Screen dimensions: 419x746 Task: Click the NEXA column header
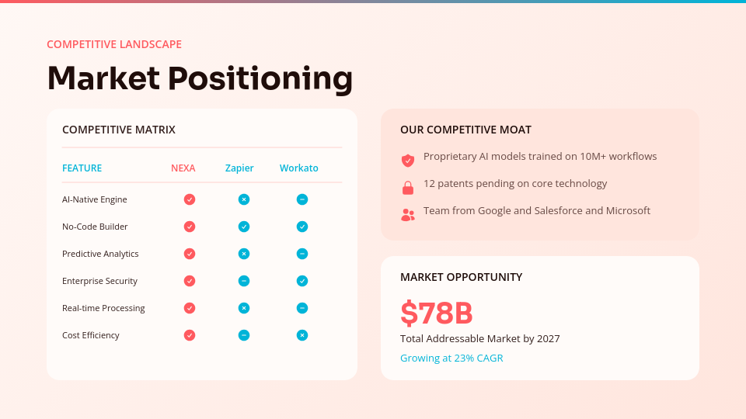click(x=183, y=168)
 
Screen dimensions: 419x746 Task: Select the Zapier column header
click(x=239, y=168)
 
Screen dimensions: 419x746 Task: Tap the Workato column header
click(x=299, y=168)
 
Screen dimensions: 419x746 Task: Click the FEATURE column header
click(x=82, y=168)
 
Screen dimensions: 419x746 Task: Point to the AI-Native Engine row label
click(x=94, y=199)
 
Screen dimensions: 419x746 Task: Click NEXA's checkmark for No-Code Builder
click(x=190, y=227)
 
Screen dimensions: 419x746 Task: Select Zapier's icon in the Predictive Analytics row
click(x=244, y=254)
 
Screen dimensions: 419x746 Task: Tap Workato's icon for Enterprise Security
click(x=302, y=281)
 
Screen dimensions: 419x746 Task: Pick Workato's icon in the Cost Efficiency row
click(x=302, y=335)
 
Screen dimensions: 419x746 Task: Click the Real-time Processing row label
click(x=103, y=308)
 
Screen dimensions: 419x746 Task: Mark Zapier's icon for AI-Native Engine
click(x=244, y=199)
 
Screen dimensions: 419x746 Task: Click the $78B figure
click(x=437, y=313)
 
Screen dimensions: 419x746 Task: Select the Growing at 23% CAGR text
click(x=451, y=358)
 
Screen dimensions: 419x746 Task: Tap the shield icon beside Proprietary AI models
click(x=408, y=161)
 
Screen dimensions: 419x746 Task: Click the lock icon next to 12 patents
click(x=408, y=188)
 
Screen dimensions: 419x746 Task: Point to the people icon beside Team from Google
click(x=408, y=215)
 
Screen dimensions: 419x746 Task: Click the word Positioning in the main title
click(x=260, y=78)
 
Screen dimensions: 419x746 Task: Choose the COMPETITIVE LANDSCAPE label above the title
click(x=114, y=44)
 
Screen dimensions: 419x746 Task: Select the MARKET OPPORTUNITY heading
click(x=461, y=277)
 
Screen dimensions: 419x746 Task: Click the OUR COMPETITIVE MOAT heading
click(x=465, y=130)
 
